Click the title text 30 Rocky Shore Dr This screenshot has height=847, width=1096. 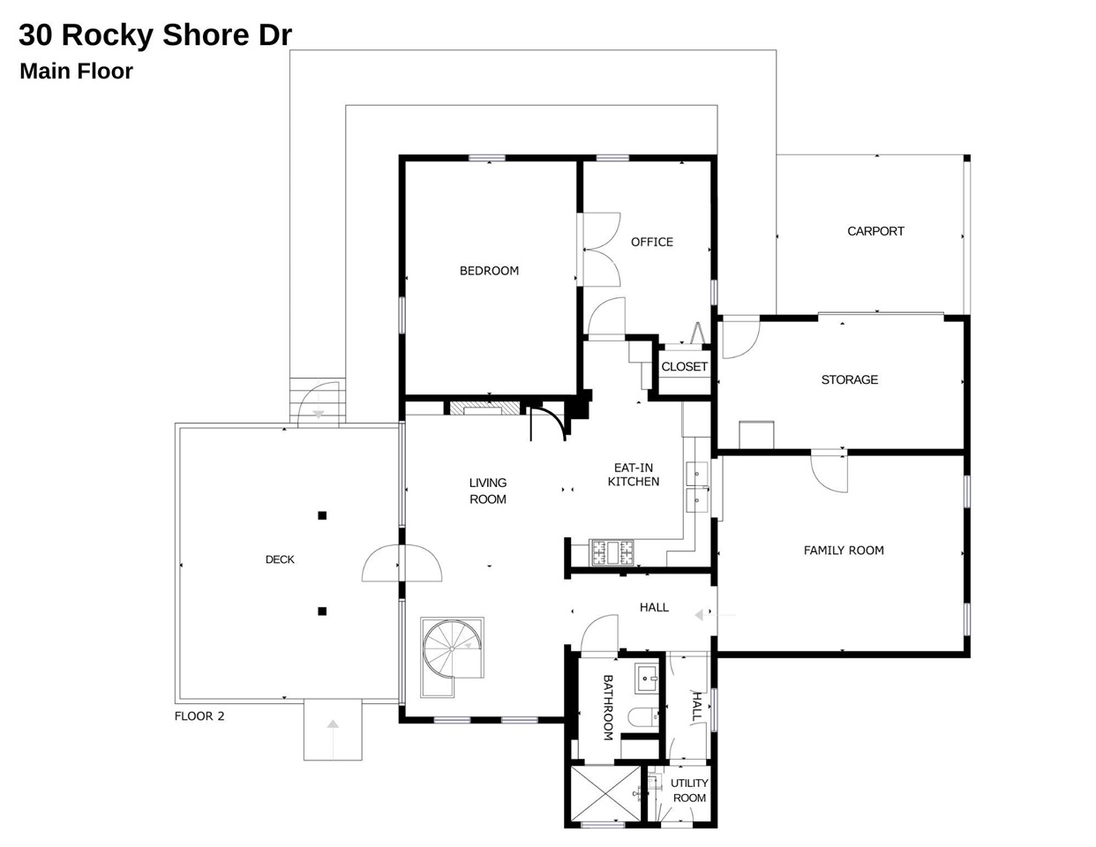(155, 35)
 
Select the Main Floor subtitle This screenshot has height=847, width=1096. (76, 71)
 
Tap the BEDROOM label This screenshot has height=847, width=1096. (489, 271)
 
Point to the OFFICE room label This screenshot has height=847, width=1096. (651, 242)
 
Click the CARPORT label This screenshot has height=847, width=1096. (875, 231)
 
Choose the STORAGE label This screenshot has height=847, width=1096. (849, 379)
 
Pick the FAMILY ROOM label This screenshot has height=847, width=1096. (843, 550)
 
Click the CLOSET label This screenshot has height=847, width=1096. (684, 366)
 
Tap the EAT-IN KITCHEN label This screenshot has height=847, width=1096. (633, 475)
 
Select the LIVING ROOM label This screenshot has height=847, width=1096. (487, 491)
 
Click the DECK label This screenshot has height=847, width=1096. (280, 559)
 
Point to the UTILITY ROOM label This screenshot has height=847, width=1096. (689, 791)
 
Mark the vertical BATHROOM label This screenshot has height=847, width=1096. (607, 708)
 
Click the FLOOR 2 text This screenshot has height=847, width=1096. (199, 716)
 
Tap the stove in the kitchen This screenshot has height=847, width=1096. (612, 552)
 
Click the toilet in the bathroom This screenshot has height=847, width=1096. (642, 716)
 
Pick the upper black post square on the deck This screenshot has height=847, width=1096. (322, 515)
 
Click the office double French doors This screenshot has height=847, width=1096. (600, 250)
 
